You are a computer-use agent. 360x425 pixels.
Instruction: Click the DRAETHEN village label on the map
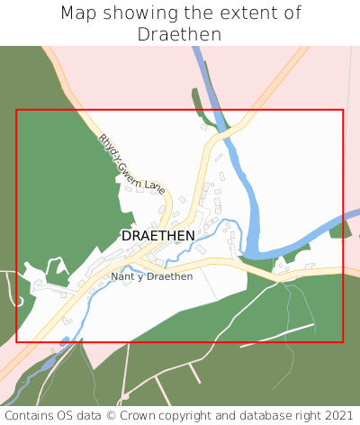coord(157,235)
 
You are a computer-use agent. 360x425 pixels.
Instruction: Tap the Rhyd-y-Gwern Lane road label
coord(131,164)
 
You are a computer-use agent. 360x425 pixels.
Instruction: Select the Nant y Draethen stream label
coord(151,276)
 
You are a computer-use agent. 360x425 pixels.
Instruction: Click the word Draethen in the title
coord(179,34)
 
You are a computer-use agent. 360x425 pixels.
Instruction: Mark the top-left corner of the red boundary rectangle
coord(17,111)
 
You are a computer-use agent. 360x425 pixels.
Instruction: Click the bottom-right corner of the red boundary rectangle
coord(343,342)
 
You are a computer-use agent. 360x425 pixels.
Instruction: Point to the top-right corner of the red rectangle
coord(343,111)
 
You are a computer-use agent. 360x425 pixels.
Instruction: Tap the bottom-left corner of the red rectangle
coord(17,342)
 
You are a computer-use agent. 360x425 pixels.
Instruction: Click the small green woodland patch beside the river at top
coord(197,100)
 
